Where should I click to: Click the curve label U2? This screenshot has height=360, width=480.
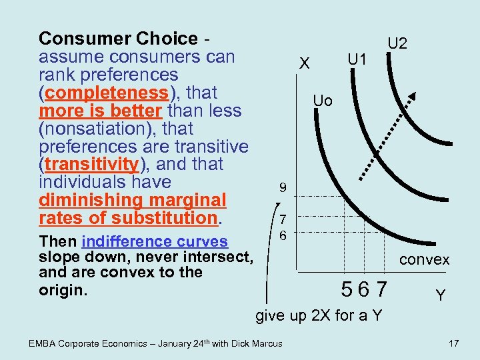point(398,44)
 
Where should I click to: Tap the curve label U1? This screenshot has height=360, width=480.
point(357,60)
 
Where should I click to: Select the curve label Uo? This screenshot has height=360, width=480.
point(323,101)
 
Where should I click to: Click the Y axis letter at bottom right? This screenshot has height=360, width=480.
point(441,294)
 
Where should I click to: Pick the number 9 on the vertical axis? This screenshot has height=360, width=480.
point(283,189)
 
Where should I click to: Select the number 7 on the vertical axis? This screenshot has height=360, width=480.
point(283,219)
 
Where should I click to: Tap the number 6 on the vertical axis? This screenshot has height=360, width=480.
point(283,235)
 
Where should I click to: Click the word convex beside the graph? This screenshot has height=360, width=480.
point(425,260)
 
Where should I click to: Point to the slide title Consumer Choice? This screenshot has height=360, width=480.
point(118,39)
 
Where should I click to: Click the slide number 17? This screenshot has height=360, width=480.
point(454,343)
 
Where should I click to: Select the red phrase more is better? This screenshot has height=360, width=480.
point(100,110)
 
